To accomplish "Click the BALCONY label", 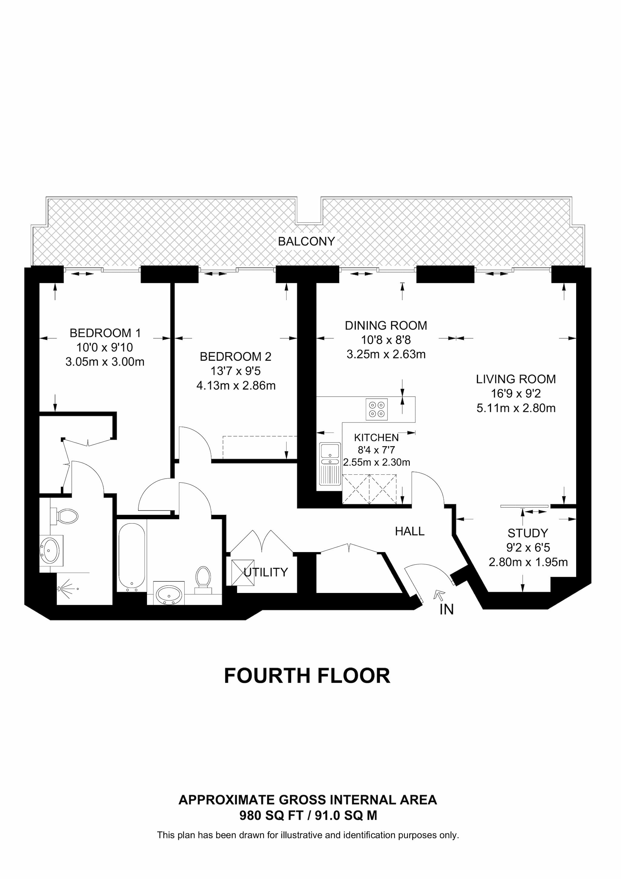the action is coord(307,241).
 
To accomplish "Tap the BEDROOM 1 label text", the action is coord(105,333).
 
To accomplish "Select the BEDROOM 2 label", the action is coord(236,356).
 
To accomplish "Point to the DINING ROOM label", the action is coord(386,325).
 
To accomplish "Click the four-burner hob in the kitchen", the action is coord(377,409).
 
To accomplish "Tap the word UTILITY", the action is coord(266,572).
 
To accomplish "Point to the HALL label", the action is coord(410,531).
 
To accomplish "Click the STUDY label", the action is coord(528,533).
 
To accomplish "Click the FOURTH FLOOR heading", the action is coord(307,676).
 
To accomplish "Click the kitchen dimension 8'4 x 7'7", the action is coord(377,450).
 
